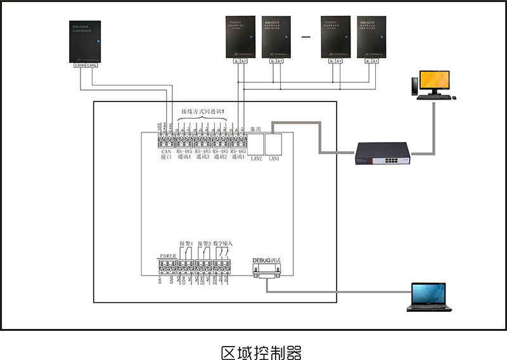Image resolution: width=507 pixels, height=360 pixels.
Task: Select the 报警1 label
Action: (186, 243)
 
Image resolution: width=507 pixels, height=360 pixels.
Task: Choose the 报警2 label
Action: (203, 243)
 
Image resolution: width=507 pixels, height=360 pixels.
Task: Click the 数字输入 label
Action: (223, 243)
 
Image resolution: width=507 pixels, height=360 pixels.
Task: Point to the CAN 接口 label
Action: (167, 155)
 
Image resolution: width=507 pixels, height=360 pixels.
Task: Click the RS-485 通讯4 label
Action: (185, 155)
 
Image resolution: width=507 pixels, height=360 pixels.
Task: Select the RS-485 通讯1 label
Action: (239, 155)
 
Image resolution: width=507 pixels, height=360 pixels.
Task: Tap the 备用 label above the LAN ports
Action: (256, 129)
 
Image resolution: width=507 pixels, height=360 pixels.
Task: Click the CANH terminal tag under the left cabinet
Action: (80, 65)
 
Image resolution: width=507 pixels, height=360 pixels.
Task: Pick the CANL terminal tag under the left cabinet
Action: (92, 65)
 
